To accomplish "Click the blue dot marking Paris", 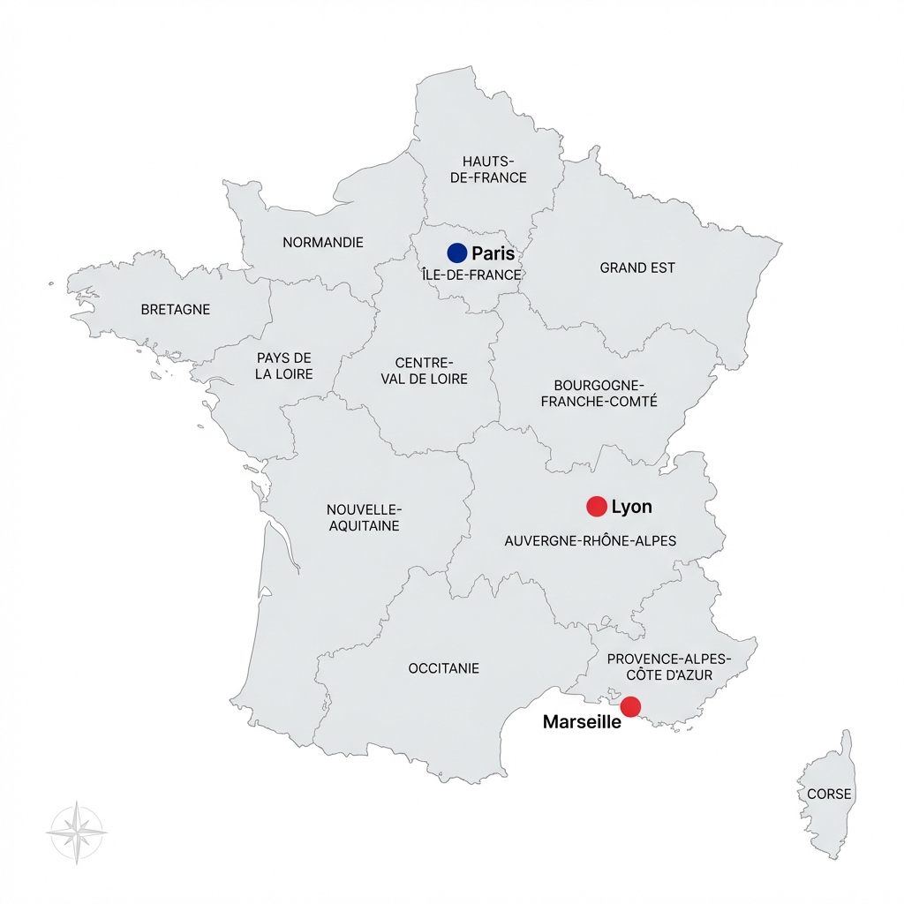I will [x=456, y=252].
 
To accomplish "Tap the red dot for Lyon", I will [x=597, y=506].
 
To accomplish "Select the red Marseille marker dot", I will [x=630, y=706].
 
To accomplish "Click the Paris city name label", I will [x=493, y=253].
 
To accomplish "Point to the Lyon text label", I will [x=632, y=507].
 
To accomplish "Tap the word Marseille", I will [x=582, y=722].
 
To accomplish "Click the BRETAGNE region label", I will [x=176, y=310].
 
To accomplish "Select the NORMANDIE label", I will [x=323, y=242].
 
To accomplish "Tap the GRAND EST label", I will [x=637, y=267].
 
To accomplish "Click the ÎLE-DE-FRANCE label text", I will [x=472, y=275].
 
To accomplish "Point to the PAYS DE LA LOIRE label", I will [x=284, y=365].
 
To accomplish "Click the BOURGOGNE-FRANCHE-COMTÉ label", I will [x=599, y=394].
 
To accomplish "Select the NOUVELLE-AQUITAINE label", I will [x=364, y=518].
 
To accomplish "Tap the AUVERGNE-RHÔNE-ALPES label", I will [x=590, y=540].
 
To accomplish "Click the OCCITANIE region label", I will [x=444, y=668].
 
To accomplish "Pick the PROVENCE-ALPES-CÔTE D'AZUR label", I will [x=670, y=667].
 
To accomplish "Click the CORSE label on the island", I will [x=830, y=794].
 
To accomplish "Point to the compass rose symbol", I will [x=77, y=832].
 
